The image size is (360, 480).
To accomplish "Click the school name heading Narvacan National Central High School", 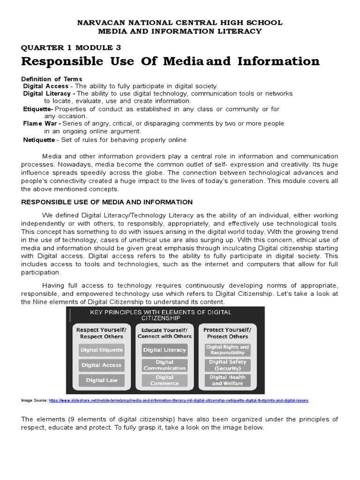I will (x=180, y=22).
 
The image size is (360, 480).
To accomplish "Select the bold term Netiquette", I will (x=39, y=140).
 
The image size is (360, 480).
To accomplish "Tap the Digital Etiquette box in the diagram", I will (x=102, y=350).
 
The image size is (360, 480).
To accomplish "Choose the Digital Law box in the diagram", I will (x=102, y=380).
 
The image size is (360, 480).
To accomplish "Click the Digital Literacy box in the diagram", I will (x=165, y=350).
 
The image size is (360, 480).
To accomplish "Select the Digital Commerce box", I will (x=165, y=380).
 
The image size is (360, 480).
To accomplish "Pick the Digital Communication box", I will (x=165, y=365).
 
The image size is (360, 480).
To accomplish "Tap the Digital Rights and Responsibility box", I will (x=227, y=350).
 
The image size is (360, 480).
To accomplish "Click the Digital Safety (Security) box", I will (x=227, y=365).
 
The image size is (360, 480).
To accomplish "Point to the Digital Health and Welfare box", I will (x=227, y=380).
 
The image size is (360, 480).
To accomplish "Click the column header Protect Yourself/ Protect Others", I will (x=227, y=333).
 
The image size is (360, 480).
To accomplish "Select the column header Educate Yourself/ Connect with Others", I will (x=165, y=333).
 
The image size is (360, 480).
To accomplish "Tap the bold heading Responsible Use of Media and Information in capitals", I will (x=107, y=202).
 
